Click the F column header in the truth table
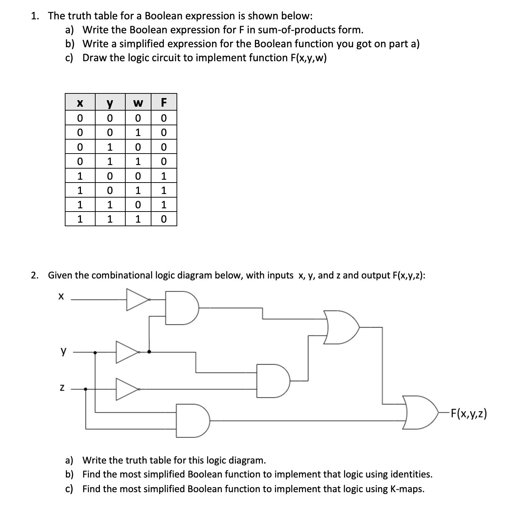point(164,102)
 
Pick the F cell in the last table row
point(164,219)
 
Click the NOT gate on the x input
point(137,299)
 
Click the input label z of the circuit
point(62,388)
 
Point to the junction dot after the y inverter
point(149,352)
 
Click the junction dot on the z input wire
point(85,389)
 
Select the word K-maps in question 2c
point(407,489)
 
